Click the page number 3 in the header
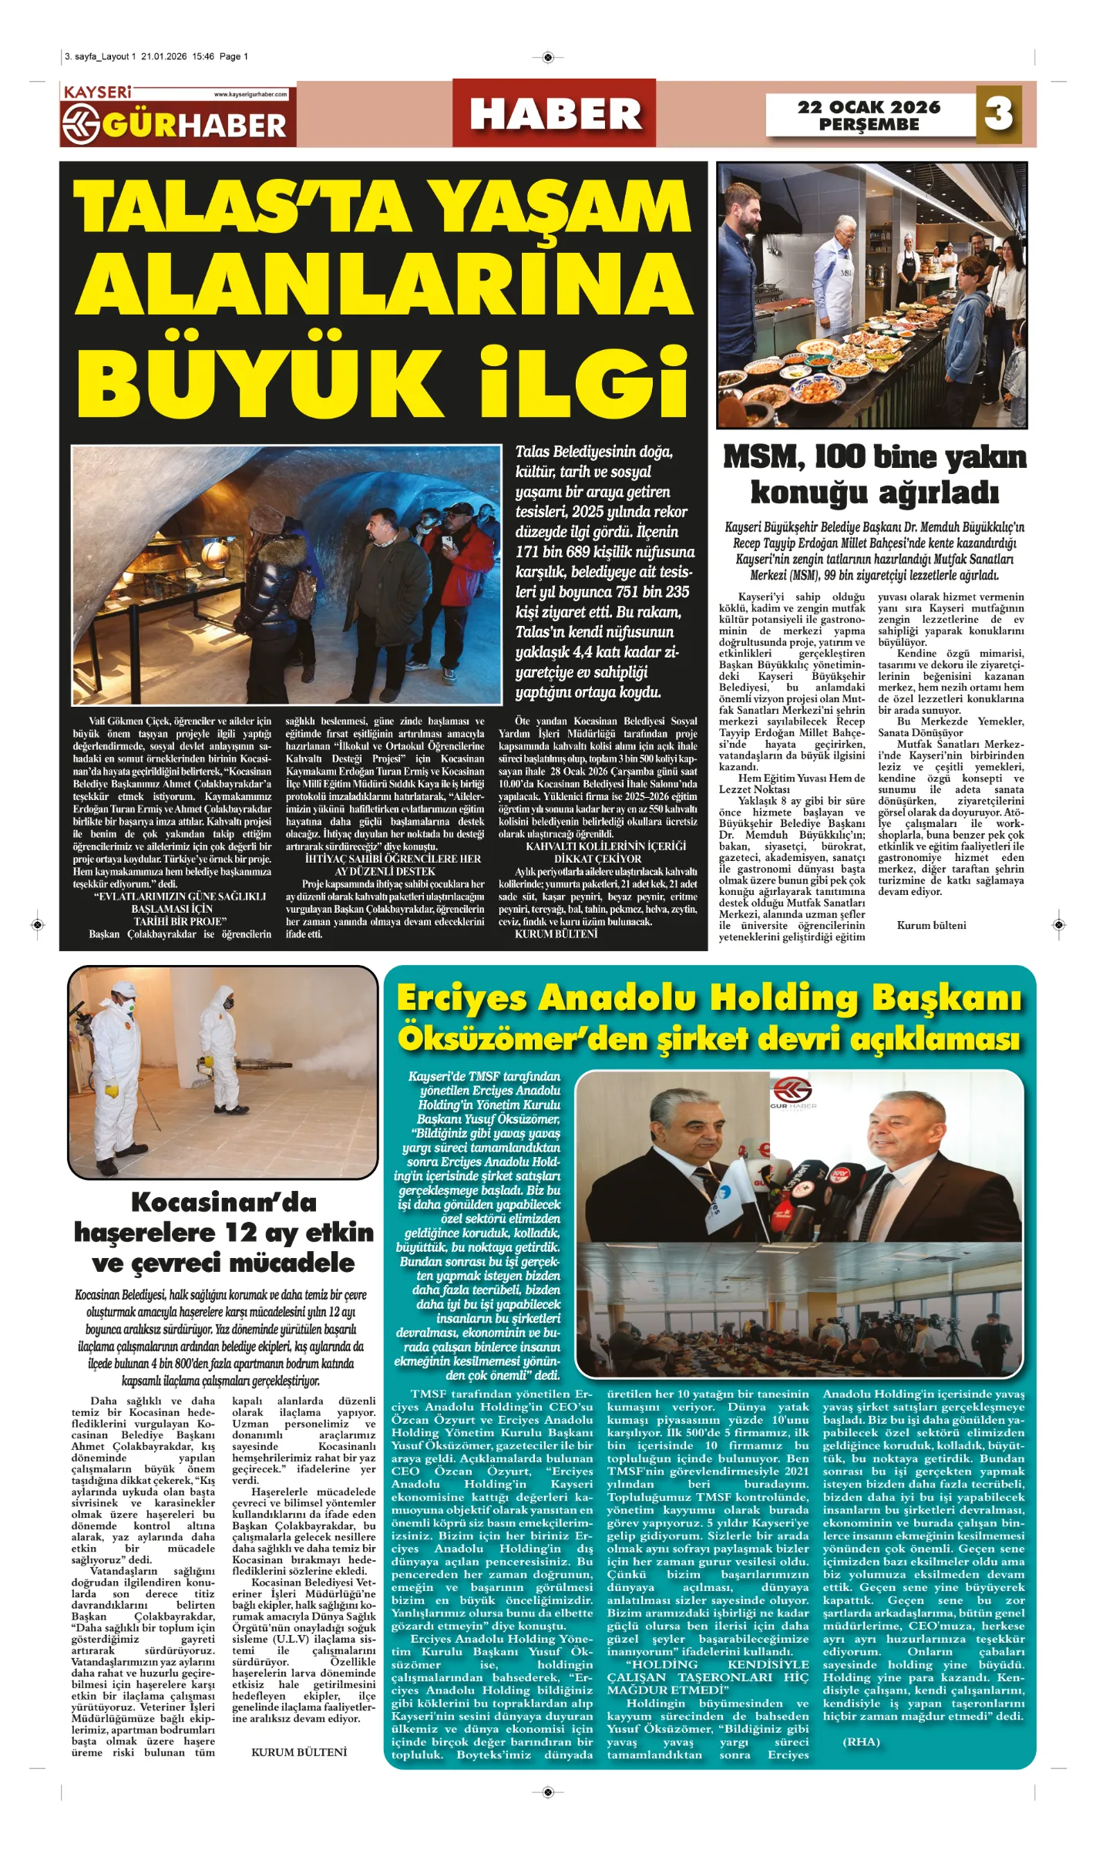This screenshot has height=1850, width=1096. (x=998, y=114)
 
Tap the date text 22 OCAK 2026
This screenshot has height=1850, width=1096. (x=869, y=107)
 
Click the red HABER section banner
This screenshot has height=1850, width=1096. (x=554, y=114)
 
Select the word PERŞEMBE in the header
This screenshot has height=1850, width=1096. (x=869, y=125)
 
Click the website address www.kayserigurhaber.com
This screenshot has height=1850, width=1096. (x=250, y=94)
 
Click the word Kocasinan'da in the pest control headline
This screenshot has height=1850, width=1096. (x=224, y=1202)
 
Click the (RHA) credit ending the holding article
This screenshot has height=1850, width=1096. (x=861, y=1741)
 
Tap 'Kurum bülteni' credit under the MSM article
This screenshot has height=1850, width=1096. (x=931, y=925)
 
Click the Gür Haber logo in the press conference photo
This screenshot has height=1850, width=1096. (x=793, y=1095)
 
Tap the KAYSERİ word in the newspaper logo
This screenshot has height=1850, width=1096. (x=98, y=92)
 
